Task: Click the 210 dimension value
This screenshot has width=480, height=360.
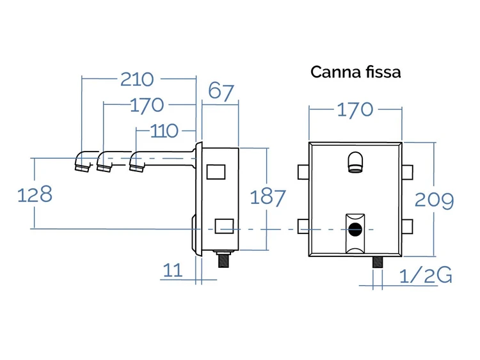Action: (137, 79)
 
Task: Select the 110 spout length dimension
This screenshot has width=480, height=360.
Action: (164, 131)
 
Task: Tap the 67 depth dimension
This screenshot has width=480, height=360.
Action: (221, 91)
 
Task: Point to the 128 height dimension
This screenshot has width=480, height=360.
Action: (35, 194)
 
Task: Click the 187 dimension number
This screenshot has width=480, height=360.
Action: (268, 197)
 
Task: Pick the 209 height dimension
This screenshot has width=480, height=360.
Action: (434, 200)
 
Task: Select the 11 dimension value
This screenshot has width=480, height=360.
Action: (173, 270)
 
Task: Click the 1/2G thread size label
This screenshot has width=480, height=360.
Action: (426, 275)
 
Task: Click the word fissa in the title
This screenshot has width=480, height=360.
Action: (383, 72)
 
